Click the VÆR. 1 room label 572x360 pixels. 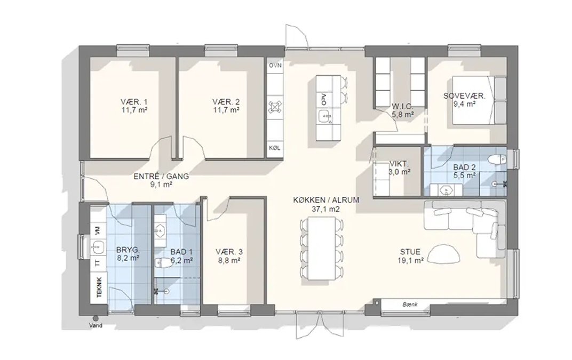[x=134, y=102]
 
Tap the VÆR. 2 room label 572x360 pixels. [x=226, y=102]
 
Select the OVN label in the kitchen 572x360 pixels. [x=275, y=66]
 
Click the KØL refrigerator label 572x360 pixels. [x=275, y=148]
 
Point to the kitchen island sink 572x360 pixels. [x=324, y=117]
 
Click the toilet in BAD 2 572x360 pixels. [x=497, y=159]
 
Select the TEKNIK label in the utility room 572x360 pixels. [x=99, y=287]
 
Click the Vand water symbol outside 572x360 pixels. [x=95, y=318]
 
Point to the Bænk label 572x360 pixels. [x=410, y=304]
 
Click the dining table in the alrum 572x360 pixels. [x=321, y=249]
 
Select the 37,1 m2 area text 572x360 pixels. [x=326, y=209]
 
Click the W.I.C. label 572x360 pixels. [x=402, y=107]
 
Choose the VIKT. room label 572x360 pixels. [x=399, y=164]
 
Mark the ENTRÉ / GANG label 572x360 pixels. [x=161, y=177]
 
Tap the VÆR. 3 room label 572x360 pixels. [x=229, y=252]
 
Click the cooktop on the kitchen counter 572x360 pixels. [x=275, y=107]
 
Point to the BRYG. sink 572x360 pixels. [x=97, y=247]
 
